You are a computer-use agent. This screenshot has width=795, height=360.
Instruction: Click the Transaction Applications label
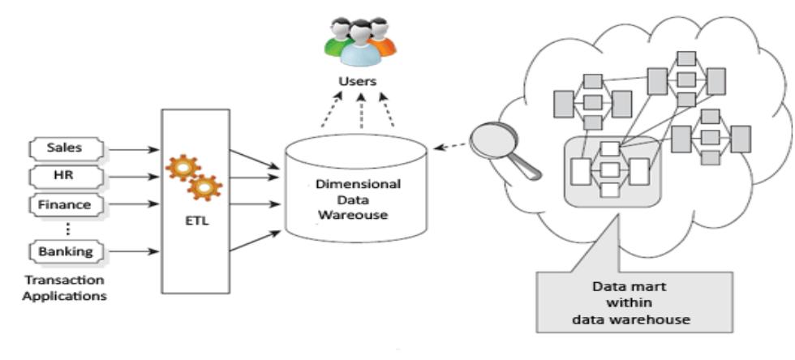(64, 288)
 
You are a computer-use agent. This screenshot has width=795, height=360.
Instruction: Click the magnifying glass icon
(502, 147)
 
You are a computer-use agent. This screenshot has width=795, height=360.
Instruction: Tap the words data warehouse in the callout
(641, 319)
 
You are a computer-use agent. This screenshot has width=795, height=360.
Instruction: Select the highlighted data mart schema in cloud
(612, 169)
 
